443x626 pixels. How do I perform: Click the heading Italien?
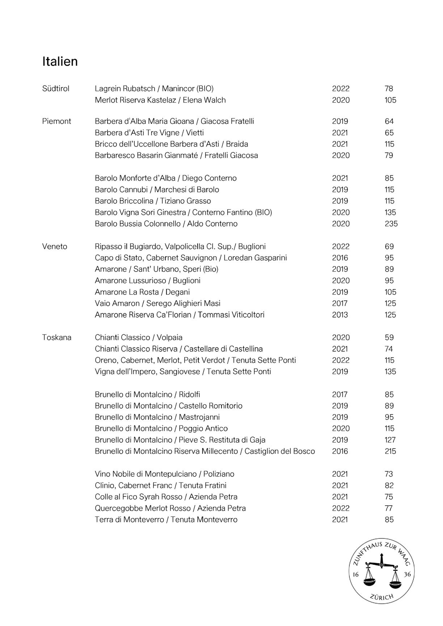click(x=60, y=61)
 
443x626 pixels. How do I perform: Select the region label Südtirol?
click(x=56, y=89)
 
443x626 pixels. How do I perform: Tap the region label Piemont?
click(x=56, y=121)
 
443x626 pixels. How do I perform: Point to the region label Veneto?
click(x=55, y=246)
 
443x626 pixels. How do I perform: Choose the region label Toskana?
click(x=56, y=338)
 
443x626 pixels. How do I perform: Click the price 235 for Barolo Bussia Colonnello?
click(x=391, y=224)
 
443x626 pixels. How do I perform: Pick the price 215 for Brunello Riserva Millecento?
click(x=390, y=451)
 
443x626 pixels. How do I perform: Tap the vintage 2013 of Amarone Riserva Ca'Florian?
click(x=340, y=315)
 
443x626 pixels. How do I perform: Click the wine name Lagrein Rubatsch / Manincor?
click(x=154, y=89)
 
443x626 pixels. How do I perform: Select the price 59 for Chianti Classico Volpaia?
click(x=389, y=338)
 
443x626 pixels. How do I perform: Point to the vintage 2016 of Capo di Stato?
click(x=340, y=258)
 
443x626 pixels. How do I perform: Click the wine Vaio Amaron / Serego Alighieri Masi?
click(x=157, y=303)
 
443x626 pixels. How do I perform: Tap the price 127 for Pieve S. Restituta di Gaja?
click(x=390, y=440)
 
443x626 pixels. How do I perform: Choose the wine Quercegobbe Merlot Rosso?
click(x=170, y=508)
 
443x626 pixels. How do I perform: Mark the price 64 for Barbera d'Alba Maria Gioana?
click(x=389, y=121)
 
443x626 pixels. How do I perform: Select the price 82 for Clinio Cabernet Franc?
click(x=389, y=485)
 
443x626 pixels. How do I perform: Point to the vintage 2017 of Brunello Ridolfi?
click(x=339, y=394)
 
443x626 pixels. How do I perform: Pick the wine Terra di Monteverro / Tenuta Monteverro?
click(x=166, y=519)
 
